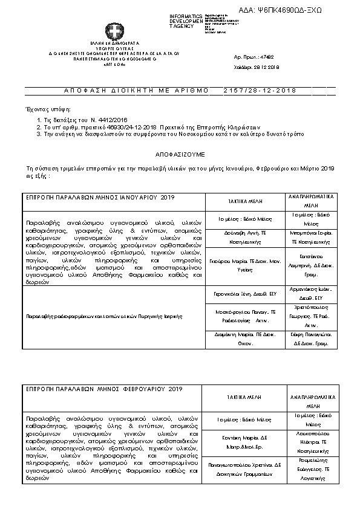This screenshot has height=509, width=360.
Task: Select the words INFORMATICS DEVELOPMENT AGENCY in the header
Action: click(x=187, y=21)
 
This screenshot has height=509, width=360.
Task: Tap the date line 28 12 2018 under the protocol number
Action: click(x=259, y=67)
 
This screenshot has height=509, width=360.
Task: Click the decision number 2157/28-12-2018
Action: click(x=261, y=90)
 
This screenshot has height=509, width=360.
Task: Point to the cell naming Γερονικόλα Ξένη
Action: click(x=243, y=294)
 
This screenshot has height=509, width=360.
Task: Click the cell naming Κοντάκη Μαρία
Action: click(x=243, y=441)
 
